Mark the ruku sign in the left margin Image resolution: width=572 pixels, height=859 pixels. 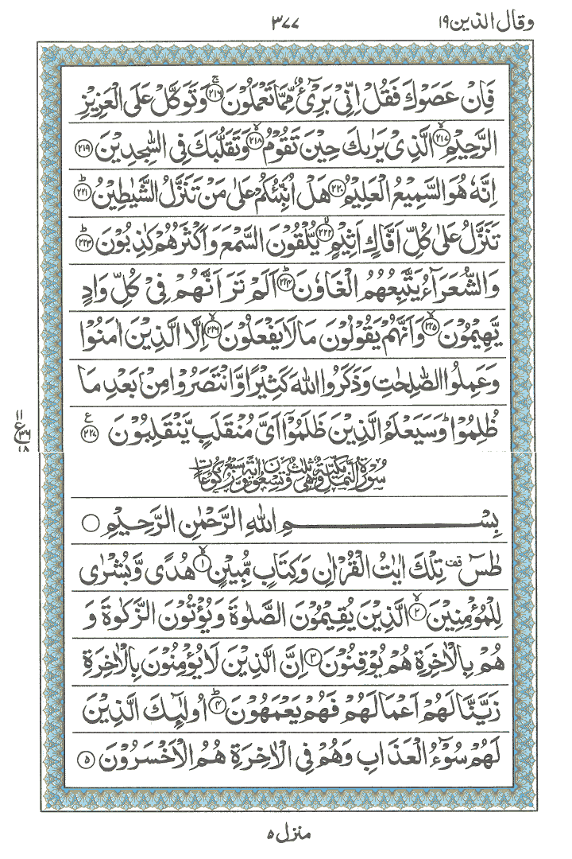17,420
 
